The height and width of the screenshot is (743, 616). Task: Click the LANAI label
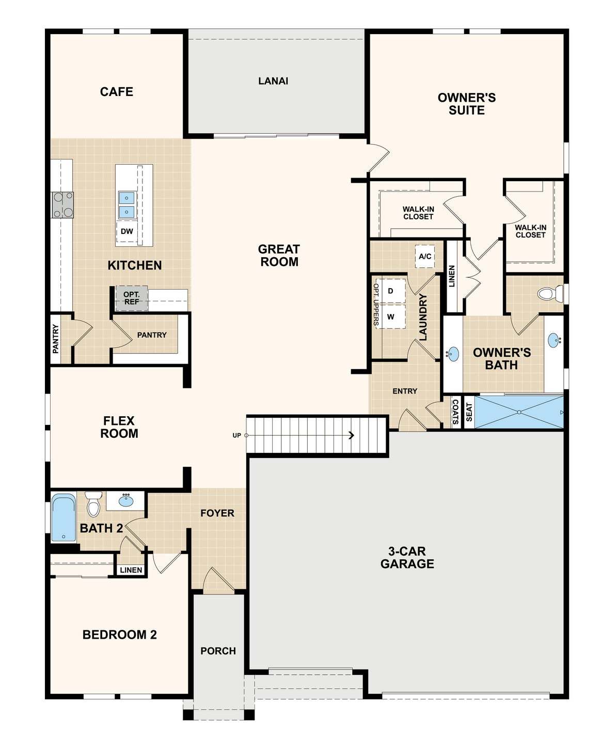pyautogui.click(x=273, y=81)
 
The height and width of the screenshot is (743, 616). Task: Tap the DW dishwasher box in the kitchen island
pyautogui.click(x=127, y=231)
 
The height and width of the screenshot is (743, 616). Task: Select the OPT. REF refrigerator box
pyautogui.click(x=131, y=298)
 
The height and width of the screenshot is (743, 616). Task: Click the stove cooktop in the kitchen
pyautogui.click(x=63, y=205)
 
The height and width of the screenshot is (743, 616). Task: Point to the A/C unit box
pyautogui.click(x=425, y=256)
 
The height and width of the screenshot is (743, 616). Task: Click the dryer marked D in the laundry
pyautogui.click(x=391, y=291)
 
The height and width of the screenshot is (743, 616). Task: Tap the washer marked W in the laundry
pyautogui.click(x=391, y=317)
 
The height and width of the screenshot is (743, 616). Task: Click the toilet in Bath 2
pyautogui.click(x=93, y=504)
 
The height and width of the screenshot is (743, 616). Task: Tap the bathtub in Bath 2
pyautogui.click(x=64, y=518)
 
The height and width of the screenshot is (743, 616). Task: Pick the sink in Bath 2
pyautogui.click(x=125, y=501)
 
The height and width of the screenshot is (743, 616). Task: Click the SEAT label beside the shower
pyautogui.click(x=469, y=412)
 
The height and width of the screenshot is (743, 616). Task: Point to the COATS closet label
pyautogui.click(x=455, y=412)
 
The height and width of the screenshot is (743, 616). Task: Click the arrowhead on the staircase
pyautogui.click(x=352, y=435)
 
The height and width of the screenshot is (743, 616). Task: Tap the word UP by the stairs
pyautogui.click(x=236, y=435)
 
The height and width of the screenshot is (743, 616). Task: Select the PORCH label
pyautogui.click(x=218, y=651)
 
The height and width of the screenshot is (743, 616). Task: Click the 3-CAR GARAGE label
pyautogui.click(x=407, y=557)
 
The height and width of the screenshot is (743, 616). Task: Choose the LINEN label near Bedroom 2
pyautogui.click(x=131, y=570)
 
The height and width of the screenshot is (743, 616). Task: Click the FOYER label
pyautogui.click(x=217, y=513)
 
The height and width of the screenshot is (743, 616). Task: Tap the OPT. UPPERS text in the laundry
pyautogui.click(x=376, y=305)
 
